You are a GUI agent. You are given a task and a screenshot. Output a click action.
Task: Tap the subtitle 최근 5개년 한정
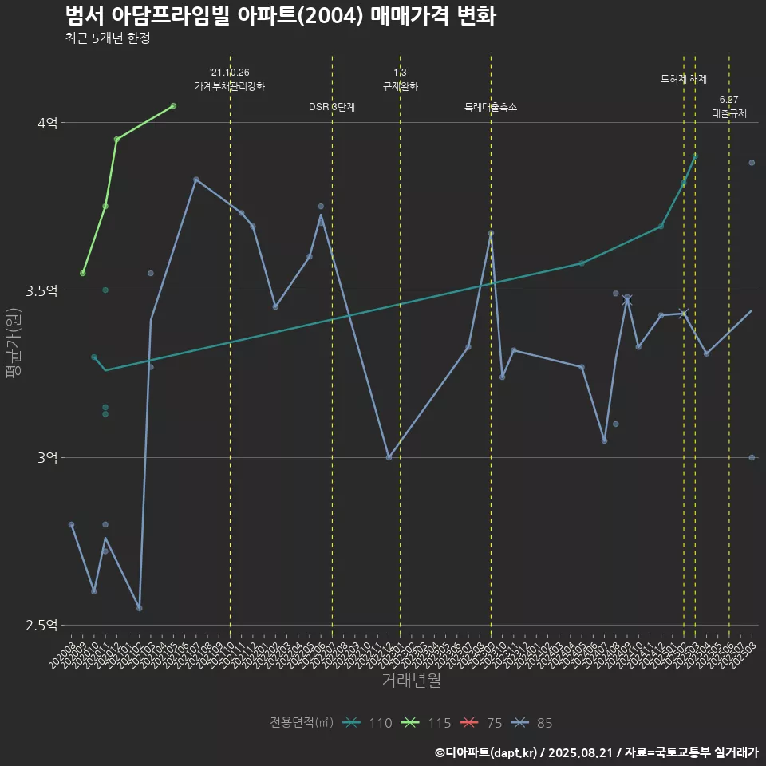pyautogui.click(x=108, y=38)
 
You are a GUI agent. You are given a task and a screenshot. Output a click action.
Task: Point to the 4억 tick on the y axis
pyautogui.click(x=46, y=123)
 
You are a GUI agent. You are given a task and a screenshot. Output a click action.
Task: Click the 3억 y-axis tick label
pyautogui.click(x=46, y=458)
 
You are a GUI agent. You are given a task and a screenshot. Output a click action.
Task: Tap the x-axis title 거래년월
pyautogui.click(x=411, y=681)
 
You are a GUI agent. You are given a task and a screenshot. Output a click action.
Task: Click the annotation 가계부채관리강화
pyautogui.click(x=230, y=86)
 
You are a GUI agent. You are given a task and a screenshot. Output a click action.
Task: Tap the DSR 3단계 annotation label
pyautogui.click(x=332, y=107)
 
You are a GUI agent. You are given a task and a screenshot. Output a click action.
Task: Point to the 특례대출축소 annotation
pyautogui.click(x=491, y=107)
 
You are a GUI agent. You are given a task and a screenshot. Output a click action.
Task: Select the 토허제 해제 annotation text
pyautogui.click(x=684, y=79)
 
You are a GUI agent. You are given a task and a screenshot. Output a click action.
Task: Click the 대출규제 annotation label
pyautogui.click(x=729, y=114)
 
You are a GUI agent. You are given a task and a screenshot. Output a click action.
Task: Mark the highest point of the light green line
pyautogui.click(x=173, y=105)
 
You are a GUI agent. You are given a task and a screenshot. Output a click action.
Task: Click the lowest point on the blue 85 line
pyautogui.click(x=140, y=608)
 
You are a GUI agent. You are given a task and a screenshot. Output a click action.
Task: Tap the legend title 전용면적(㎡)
pyautogui.click(x=302, y=723)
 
